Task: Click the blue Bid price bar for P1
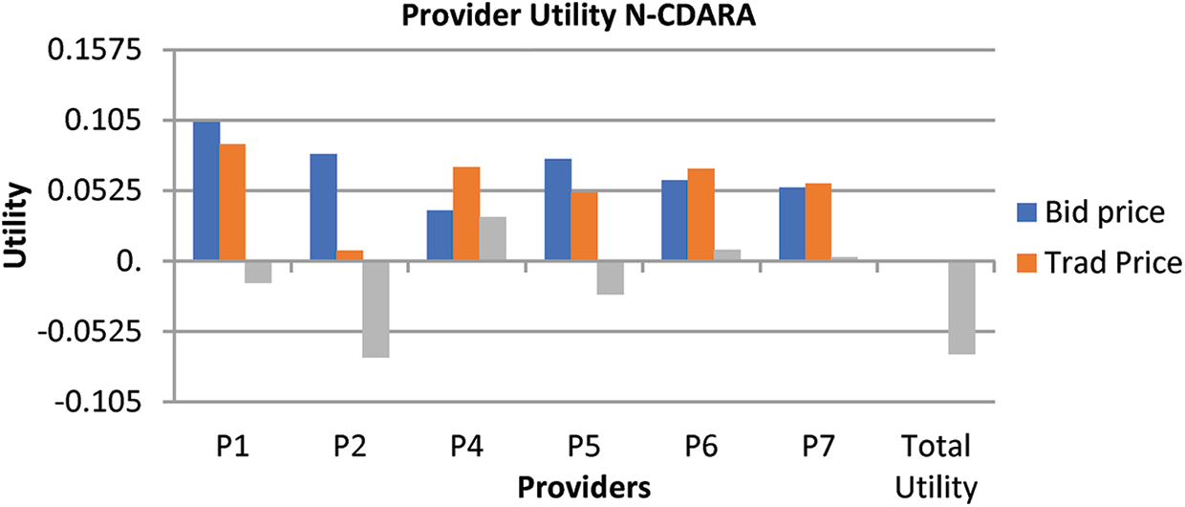pyautogui.click(x=206, y=190)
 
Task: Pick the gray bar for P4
pyautogui.click(x=492, y=238)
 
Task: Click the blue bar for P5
pyautogui.click(x=557, y=209)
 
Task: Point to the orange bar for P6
pyautogui.click(x=700, y=214)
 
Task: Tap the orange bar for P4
pyautogui.click(x=466, y=213)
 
